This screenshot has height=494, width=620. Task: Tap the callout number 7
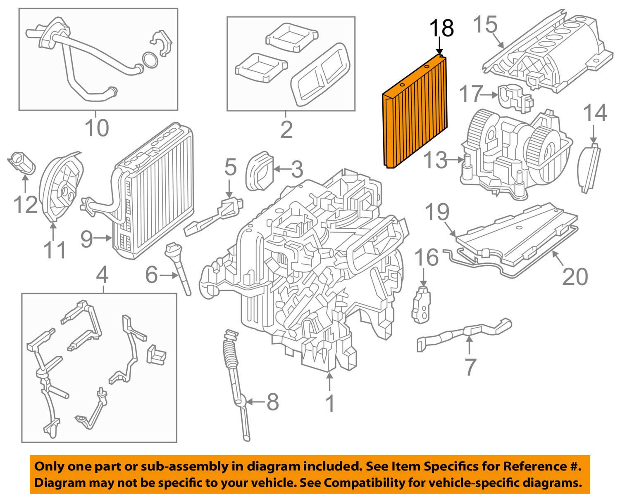470,367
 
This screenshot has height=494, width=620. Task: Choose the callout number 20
575,276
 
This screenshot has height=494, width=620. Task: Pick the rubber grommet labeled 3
259,171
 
